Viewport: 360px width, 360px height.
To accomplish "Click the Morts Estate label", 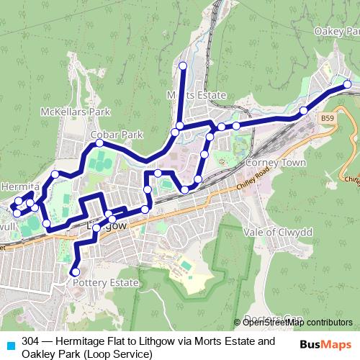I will (x=197, y=95).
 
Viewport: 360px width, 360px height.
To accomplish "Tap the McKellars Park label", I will (x=75, y=112).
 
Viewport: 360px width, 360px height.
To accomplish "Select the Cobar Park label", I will (x=117, y=135).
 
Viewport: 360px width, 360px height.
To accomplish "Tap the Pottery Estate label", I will (x=105, y=283).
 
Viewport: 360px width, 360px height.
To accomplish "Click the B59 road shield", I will (x=328, y=117).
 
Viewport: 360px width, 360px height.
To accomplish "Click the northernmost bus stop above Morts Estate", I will (x=182, y=66).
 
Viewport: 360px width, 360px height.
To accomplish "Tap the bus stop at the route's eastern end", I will (x=347, y=84).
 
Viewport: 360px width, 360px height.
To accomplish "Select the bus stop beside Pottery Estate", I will (x=74, y=271).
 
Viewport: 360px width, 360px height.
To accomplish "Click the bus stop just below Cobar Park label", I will (x=99, y=144).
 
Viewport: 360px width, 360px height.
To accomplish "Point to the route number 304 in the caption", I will (x=30, y=341).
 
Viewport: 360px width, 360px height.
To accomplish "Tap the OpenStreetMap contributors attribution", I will (x=297, y=323).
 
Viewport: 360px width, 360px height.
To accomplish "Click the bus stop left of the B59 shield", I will (x=304, y=111).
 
